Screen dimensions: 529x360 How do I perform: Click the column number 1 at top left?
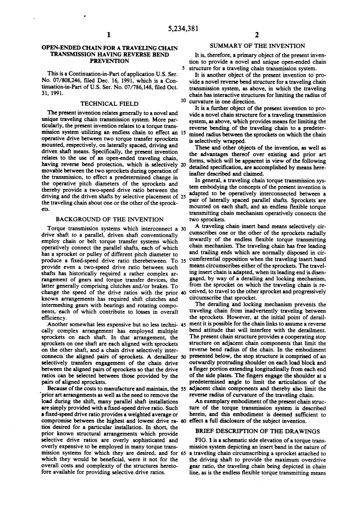pyautogui.click(x=108, y=35)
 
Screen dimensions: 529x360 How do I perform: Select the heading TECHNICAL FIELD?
pyautogui.click(x=109, y=104)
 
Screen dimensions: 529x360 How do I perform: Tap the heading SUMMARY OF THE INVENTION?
pyautogui.click(x=257, y=46)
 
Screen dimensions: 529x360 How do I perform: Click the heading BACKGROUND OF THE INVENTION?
pyautogui.click(x=109, y=220)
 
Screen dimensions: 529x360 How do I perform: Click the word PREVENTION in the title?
pyautogui.click(x=109, y=61)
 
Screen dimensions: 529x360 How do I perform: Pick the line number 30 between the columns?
pyautogui.click(x=183, y=229)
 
